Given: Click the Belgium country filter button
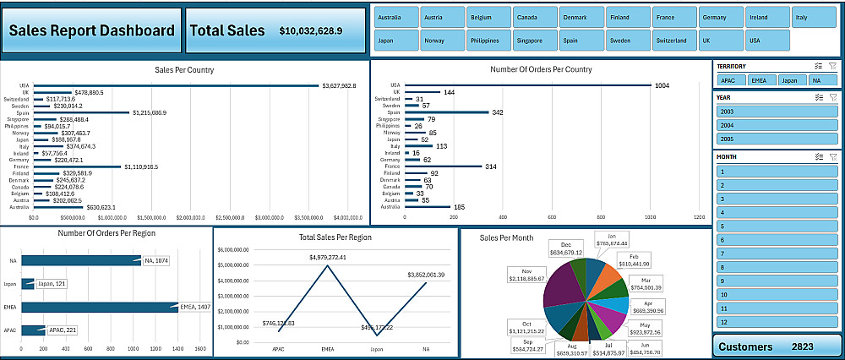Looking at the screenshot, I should pos(488,17).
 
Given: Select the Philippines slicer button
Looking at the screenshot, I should pos(488,40).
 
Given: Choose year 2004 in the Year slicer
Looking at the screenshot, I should pos(777,125).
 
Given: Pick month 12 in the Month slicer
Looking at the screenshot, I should pos(777,322).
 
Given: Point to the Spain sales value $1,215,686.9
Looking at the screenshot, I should pos(149,112).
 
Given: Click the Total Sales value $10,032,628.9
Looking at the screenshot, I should pos(311,30).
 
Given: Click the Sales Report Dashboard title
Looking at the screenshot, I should pos(91,30).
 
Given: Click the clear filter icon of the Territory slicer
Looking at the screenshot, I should pos(832,65).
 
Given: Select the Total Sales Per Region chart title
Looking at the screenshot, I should pos(335,238).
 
